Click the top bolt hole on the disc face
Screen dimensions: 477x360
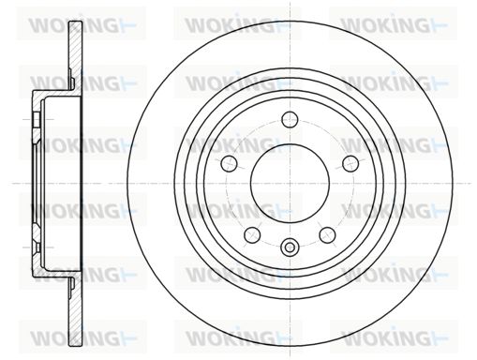coord(290,119)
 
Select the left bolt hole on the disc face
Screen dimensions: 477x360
coord(229,164)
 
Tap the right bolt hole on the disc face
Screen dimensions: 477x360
coord(350,164)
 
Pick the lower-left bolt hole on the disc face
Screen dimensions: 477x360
coord(252,235)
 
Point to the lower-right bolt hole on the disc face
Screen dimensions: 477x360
coord(327,235)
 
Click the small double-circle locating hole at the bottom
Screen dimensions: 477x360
coord(290,247)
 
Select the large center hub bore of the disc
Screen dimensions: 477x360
coord(290,184)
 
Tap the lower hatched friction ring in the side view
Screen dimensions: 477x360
coord(75,311)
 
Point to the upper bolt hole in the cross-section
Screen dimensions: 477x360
coord(37,119)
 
